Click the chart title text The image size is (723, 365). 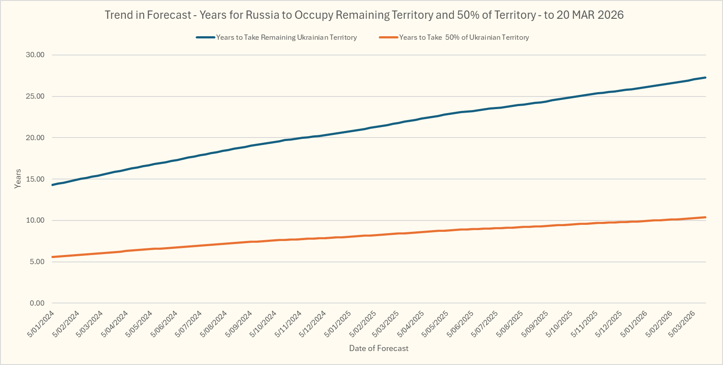(364, 15)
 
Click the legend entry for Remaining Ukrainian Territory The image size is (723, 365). (286, 38)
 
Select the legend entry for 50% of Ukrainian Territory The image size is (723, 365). (464, 38)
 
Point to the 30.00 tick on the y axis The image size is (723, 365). (35, 55)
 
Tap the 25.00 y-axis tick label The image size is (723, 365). (35, 96)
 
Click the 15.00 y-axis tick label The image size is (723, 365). (35, 179)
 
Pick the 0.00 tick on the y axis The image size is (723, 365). (37, 303)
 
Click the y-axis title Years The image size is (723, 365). (18, 179)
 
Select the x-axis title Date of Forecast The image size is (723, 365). (379, 348)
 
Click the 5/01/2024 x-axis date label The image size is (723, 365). (41, 324)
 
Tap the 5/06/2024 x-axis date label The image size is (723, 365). (164, 324)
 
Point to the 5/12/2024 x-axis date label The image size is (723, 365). (313, 324)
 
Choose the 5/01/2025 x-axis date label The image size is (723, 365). (338, 324)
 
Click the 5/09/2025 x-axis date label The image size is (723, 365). (535, 324)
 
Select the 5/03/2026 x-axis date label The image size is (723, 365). (682, 324)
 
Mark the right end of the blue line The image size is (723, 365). (706, 77)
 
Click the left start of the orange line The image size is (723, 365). (52, 257)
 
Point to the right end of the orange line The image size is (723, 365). (706, 217)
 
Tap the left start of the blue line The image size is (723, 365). (52, 185)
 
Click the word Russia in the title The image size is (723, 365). (263, 15)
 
